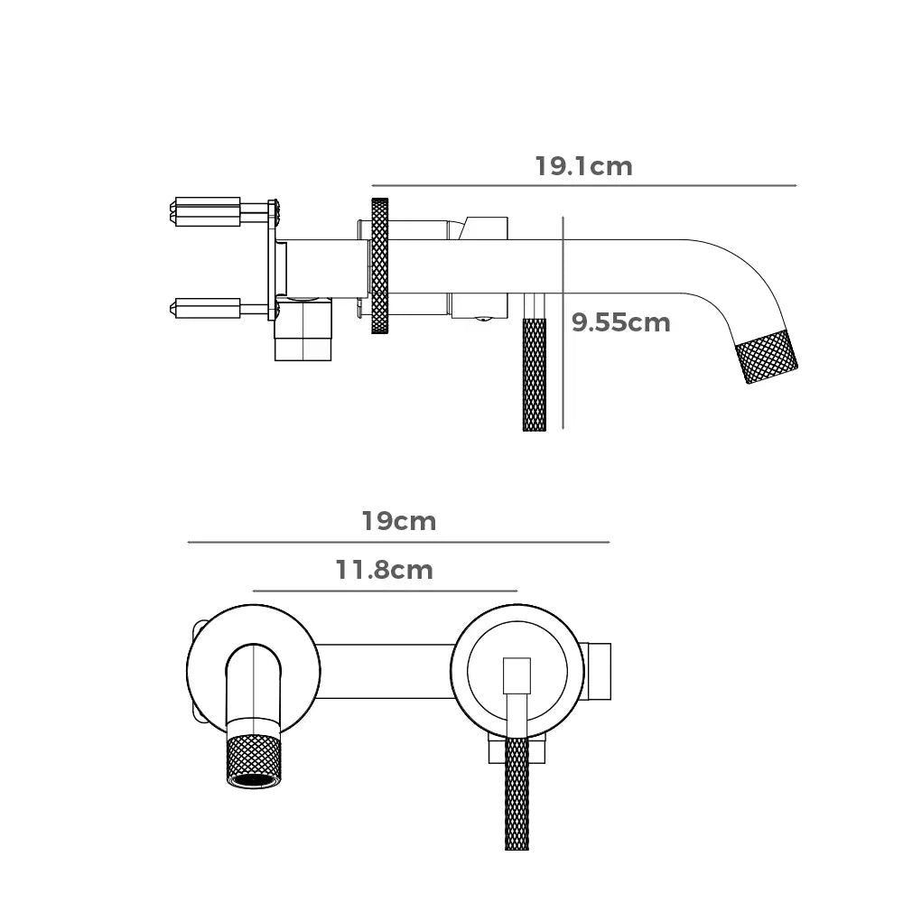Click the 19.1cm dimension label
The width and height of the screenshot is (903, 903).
click(x=583, y=167)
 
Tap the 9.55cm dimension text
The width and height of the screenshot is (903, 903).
click(x=621, y=322)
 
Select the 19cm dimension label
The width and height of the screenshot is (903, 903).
click(x=399, y=522)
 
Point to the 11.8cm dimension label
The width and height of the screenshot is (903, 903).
click(x=385, y=571)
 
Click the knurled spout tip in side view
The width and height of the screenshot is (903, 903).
click(x=768, y=357)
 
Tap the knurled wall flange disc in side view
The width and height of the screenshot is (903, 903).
click(x=380, y=265)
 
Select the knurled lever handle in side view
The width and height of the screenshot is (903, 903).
click(x=534, y=375)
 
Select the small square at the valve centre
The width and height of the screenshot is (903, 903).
click(x=517, y=675)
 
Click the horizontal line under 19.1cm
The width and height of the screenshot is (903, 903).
click(x=583, y=186)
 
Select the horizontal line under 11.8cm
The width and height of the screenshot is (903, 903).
click(x=385, y=591)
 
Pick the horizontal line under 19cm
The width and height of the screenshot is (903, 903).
click(x=398, y=543)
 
